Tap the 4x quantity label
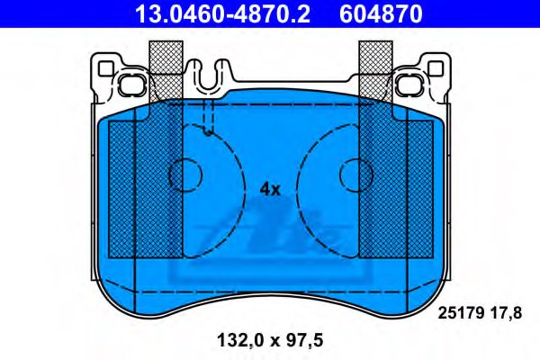[270, 189]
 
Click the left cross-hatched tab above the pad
[166, 72]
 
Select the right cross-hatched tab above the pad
[373, 72]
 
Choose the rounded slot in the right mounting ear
[410, 85]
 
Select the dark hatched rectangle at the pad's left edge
[121, 189]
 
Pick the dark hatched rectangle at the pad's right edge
[419, 189]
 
